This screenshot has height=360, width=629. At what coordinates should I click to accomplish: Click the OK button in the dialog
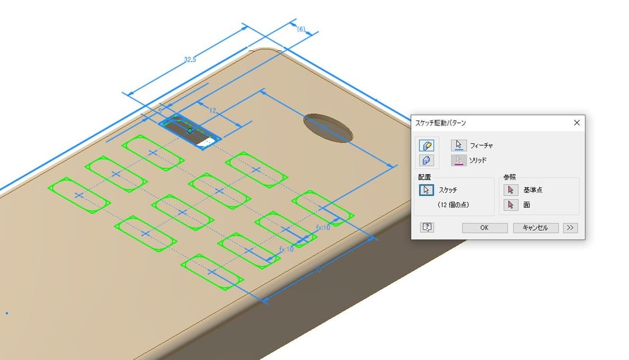pos(484,228)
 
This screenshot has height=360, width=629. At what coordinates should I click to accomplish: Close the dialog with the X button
pos(577,122)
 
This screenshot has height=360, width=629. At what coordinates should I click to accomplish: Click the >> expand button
pos(570,228)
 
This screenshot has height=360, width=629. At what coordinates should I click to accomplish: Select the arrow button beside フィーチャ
pos(458,145)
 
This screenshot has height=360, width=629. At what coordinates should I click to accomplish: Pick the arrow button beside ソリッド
pos(458,160)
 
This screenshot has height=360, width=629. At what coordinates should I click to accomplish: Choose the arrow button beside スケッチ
pos(426,190)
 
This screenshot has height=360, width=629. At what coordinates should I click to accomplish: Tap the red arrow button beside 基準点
pos(511,190)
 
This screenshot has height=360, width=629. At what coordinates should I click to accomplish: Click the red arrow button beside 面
pos(511,205)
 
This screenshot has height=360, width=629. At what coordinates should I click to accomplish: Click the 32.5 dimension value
pos(190,60)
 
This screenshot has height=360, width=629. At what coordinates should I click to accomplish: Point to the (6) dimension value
pos(301,29)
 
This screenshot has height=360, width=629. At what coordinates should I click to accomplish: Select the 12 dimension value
pos(213,110)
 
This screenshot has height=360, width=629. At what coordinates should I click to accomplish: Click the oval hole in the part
pos(329,127)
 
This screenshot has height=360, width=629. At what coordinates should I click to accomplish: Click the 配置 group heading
pos(424,177)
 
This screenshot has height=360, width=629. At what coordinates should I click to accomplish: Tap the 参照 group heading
pos(510,177)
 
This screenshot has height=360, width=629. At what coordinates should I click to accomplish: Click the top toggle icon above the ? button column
pos(426,145)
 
